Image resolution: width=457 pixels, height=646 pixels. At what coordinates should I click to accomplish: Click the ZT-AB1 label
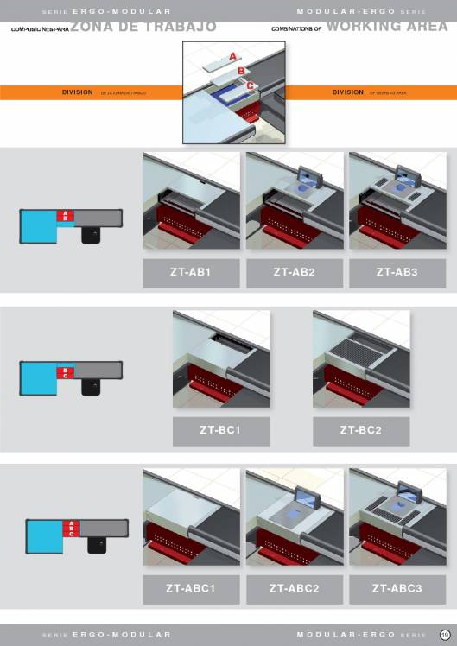(191, 273)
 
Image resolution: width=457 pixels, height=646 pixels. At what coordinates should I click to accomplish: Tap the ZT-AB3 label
(397, 273)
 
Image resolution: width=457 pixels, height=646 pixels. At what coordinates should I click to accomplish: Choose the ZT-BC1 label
(221, 431)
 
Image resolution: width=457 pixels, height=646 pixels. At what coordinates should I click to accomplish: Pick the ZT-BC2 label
(361, 431)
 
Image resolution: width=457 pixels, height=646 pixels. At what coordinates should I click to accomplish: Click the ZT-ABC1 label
(191, 590)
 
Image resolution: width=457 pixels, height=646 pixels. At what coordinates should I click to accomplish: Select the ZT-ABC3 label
(397, 590)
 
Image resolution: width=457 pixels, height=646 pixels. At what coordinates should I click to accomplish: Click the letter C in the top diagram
(251, 85)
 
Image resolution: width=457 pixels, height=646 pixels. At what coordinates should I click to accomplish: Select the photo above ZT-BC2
(361, 360)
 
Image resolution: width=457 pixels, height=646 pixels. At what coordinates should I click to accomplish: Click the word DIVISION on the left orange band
(78, 92)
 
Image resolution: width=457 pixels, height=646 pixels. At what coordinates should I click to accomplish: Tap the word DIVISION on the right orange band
(347, 92)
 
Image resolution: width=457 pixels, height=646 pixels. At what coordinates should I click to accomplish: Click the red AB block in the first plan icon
(67, 216)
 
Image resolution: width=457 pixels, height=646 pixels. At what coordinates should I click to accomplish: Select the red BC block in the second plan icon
(66, 373)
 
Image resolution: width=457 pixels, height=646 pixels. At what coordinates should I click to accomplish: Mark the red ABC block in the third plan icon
(71, 529)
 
